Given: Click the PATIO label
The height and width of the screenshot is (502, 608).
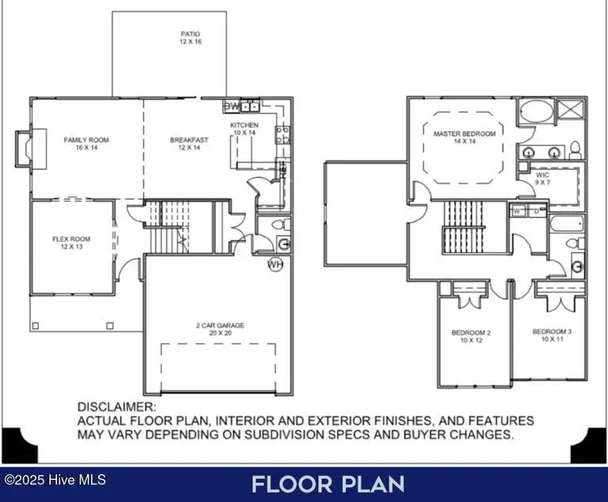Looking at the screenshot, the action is click(x=190, y=34).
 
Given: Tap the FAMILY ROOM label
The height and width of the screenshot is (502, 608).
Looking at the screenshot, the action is click(x=86, y=140).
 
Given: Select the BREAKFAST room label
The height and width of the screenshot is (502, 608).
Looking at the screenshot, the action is click(x=189, y=140).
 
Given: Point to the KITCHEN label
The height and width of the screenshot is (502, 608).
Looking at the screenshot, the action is click(x=245, y=125).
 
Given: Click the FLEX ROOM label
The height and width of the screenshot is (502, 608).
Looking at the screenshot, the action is click(x=71, y=239).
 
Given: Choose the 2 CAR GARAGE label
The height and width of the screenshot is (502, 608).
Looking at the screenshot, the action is click(x=220, y=325).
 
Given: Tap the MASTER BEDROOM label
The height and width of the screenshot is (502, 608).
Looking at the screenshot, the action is click(x=465, y=134).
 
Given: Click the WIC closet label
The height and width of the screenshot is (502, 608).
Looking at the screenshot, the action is click(x=542, y=175).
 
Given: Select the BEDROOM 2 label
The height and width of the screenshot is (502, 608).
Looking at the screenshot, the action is click(x=471, y=333).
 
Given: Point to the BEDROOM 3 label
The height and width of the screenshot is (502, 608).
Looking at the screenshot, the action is click(x=552, y=332).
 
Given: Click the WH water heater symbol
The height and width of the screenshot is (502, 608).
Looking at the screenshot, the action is click(x=275, y=264).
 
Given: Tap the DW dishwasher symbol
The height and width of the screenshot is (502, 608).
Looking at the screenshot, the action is click(x=232, y=106).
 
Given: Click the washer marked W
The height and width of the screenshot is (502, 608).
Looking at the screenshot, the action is click(x=517, y=211).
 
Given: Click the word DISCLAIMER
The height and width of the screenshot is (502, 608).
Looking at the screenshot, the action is click(x=117, y=407).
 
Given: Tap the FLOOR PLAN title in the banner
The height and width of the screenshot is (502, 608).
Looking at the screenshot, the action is click(x=328, y=485).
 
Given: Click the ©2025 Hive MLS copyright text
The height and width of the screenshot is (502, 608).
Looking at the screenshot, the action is click(x=55, y=480).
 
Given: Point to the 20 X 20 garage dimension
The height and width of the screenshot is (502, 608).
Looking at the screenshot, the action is click(x=220, y=333).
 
